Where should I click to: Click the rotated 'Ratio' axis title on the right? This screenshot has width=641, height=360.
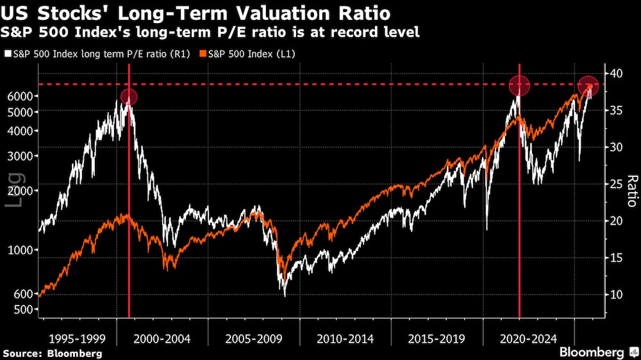[631, 191]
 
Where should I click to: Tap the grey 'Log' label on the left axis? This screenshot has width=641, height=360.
[14, 190]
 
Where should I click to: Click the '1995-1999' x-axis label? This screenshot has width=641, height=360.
[76, 338]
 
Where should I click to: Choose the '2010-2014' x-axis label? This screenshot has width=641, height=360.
[343, 338]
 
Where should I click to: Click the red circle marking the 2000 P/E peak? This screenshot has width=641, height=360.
[129, 97]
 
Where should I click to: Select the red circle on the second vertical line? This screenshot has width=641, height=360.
[519, 85]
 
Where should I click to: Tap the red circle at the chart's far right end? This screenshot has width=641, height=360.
[588, 85]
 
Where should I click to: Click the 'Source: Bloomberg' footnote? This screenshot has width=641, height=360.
[52, 354]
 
